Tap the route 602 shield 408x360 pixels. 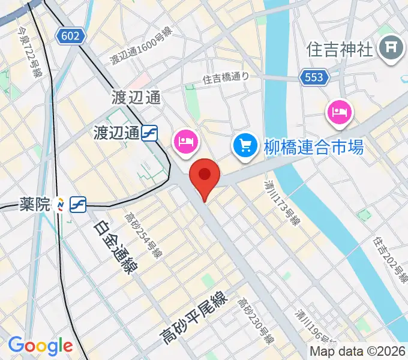(x=70, y=36)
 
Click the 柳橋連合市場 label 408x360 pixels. (x=313, y=146)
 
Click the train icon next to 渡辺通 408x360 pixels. (x=150, y=133)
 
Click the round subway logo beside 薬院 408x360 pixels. (x=60, y=205)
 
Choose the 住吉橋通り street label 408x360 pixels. (x=225, y=77)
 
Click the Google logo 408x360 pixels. (x=40, y=346)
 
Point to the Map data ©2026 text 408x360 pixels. (x=358, y=351)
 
